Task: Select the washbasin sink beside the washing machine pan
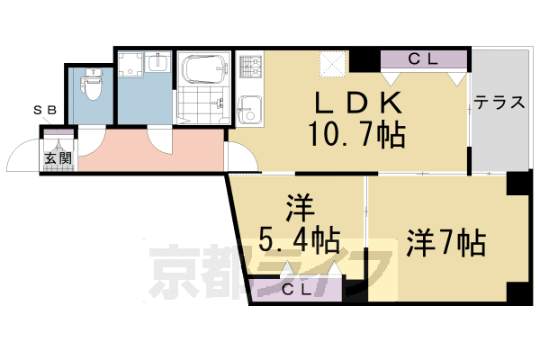[x=157, y=66]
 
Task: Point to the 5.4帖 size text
[x=299, y=240]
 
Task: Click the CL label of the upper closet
[x=422, y=60]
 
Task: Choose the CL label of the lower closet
[x=297, y=290]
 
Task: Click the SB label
[x=44, y=110]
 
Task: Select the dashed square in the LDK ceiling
[x=334, y=62]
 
